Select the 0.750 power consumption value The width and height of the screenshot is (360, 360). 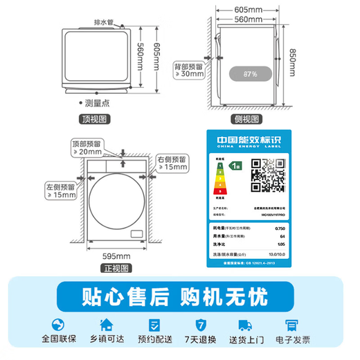279,228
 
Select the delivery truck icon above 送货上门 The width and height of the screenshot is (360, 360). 246,325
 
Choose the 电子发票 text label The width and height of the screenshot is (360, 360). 294,341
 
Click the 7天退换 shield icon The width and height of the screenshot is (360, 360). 201,325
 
